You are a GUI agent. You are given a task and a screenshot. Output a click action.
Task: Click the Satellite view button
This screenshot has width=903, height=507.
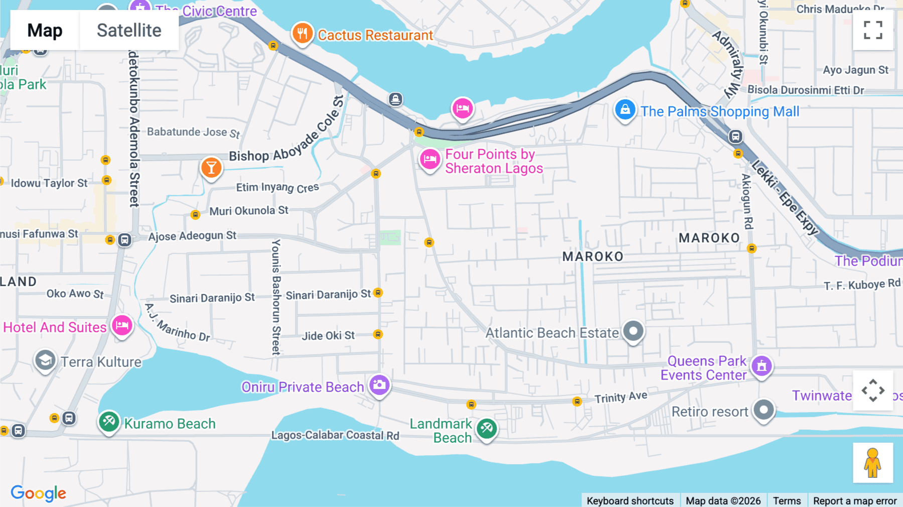tap(129, 30)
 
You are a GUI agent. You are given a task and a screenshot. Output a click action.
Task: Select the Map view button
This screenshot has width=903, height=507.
tap(45, 30)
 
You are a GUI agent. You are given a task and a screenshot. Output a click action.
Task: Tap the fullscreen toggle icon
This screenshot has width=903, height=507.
tap(873, 30)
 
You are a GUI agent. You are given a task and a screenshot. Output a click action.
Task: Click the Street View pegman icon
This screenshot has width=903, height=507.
tap(873, 463)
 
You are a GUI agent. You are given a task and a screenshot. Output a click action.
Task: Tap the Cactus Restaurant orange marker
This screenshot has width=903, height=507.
tap(302, 34)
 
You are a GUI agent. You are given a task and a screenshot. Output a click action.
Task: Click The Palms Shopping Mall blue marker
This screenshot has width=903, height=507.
tap(625, 109)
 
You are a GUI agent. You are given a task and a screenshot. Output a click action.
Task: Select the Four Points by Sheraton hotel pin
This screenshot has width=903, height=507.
tap(430, 160)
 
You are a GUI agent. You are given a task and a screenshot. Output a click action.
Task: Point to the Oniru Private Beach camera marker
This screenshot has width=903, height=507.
tap(379, 386)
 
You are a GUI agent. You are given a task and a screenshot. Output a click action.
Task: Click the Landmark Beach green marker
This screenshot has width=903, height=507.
tap(487, 429)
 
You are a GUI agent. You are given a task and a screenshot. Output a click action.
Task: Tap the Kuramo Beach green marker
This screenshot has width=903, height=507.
tap(109, 422)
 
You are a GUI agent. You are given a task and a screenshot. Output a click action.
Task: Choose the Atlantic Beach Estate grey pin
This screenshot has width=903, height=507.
tap(633, 331)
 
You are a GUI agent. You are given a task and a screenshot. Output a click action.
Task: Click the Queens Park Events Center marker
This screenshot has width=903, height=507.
tap(762, 366)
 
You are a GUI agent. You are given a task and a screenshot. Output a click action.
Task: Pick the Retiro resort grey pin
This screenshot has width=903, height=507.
tap(764, 410)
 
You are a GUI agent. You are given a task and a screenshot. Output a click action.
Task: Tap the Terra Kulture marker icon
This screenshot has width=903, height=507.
tap(45, 360)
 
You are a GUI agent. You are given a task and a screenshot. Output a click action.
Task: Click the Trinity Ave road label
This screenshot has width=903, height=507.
tap(621, 397)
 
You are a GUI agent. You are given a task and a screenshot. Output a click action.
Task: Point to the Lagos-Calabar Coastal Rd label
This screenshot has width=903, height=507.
tap(335, 435)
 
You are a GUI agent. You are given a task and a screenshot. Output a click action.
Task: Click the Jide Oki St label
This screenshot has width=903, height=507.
tap(328, 335)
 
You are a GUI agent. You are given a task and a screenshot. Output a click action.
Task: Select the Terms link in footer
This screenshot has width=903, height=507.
tap(787, 500)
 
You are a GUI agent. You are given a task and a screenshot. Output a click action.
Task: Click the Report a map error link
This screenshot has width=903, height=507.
tap(855, 500)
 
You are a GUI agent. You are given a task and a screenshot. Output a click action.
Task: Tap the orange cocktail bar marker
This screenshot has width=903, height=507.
tap(211, 168)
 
